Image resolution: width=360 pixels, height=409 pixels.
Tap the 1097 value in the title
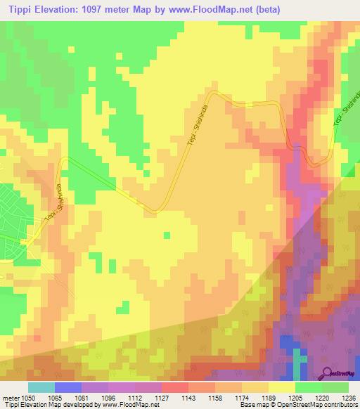[101, 10]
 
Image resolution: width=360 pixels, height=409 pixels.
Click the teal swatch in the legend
[41, 387]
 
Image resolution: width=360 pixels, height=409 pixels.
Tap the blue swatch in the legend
[68, 387]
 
